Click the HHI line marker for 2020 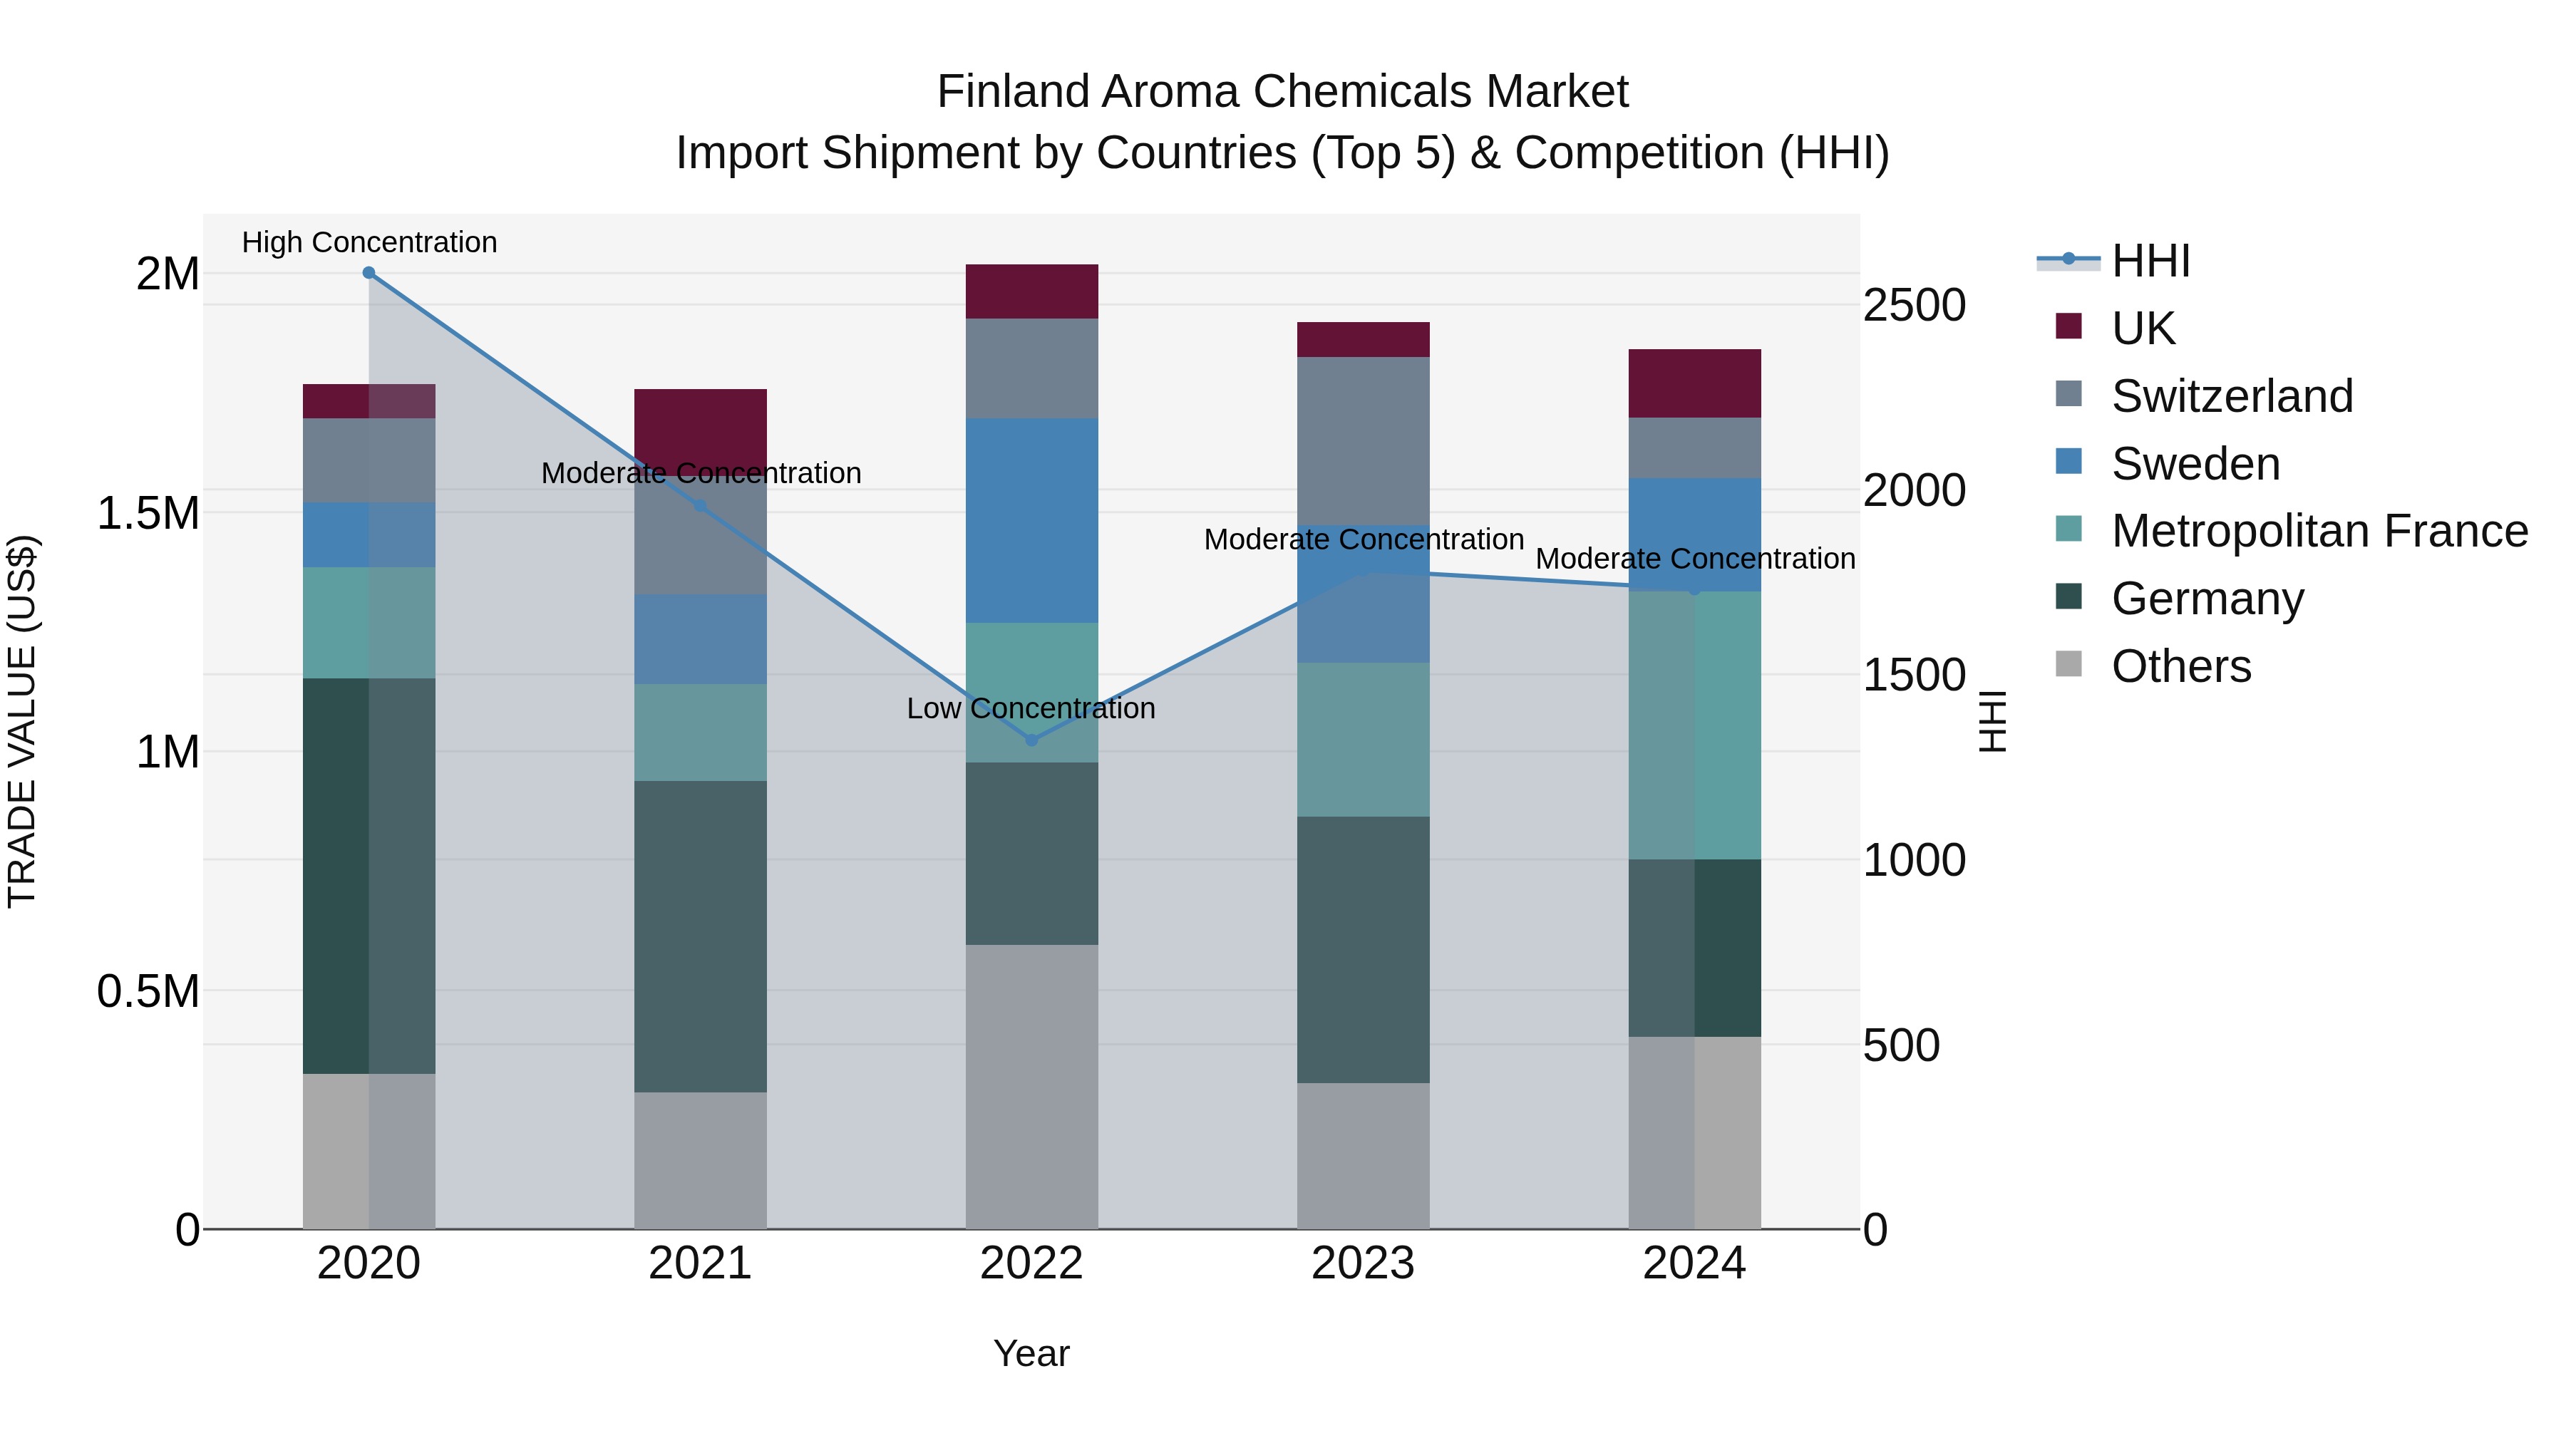[x=369, y=273]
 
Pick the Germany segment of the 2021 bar [x=700, y=936]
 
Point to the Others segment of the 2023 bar [x=1363, y=1155]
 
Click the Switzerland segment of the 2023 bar [x=1363, y=440]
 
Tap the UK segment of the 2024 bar [x=1694, y=383]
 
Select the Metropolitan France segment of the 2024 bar [x=1694, y=725]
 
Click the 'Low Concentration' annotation [x=1031, y=709]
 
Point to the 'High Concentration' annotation [x=369, y=243]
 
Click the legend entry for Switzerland [x=2231, y=396]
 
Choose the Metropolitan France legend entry [x=2319, y=532]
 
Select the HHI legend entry [x=2150, y=261]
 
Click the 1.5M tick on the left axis [x=148, y=514]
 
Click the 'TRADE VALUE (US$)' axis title [x=22, y=721]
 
